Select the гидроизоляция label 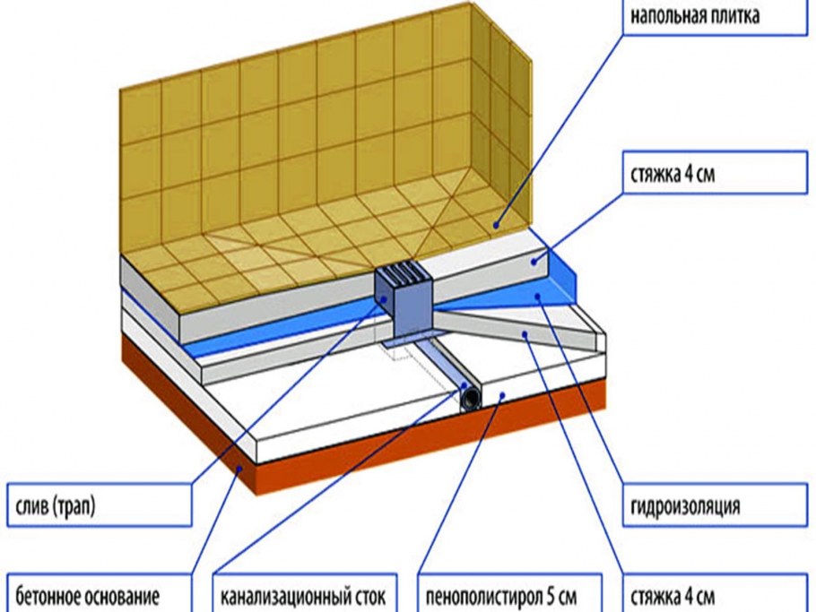[685, 507]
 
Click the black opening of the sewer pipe [469, 395]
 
